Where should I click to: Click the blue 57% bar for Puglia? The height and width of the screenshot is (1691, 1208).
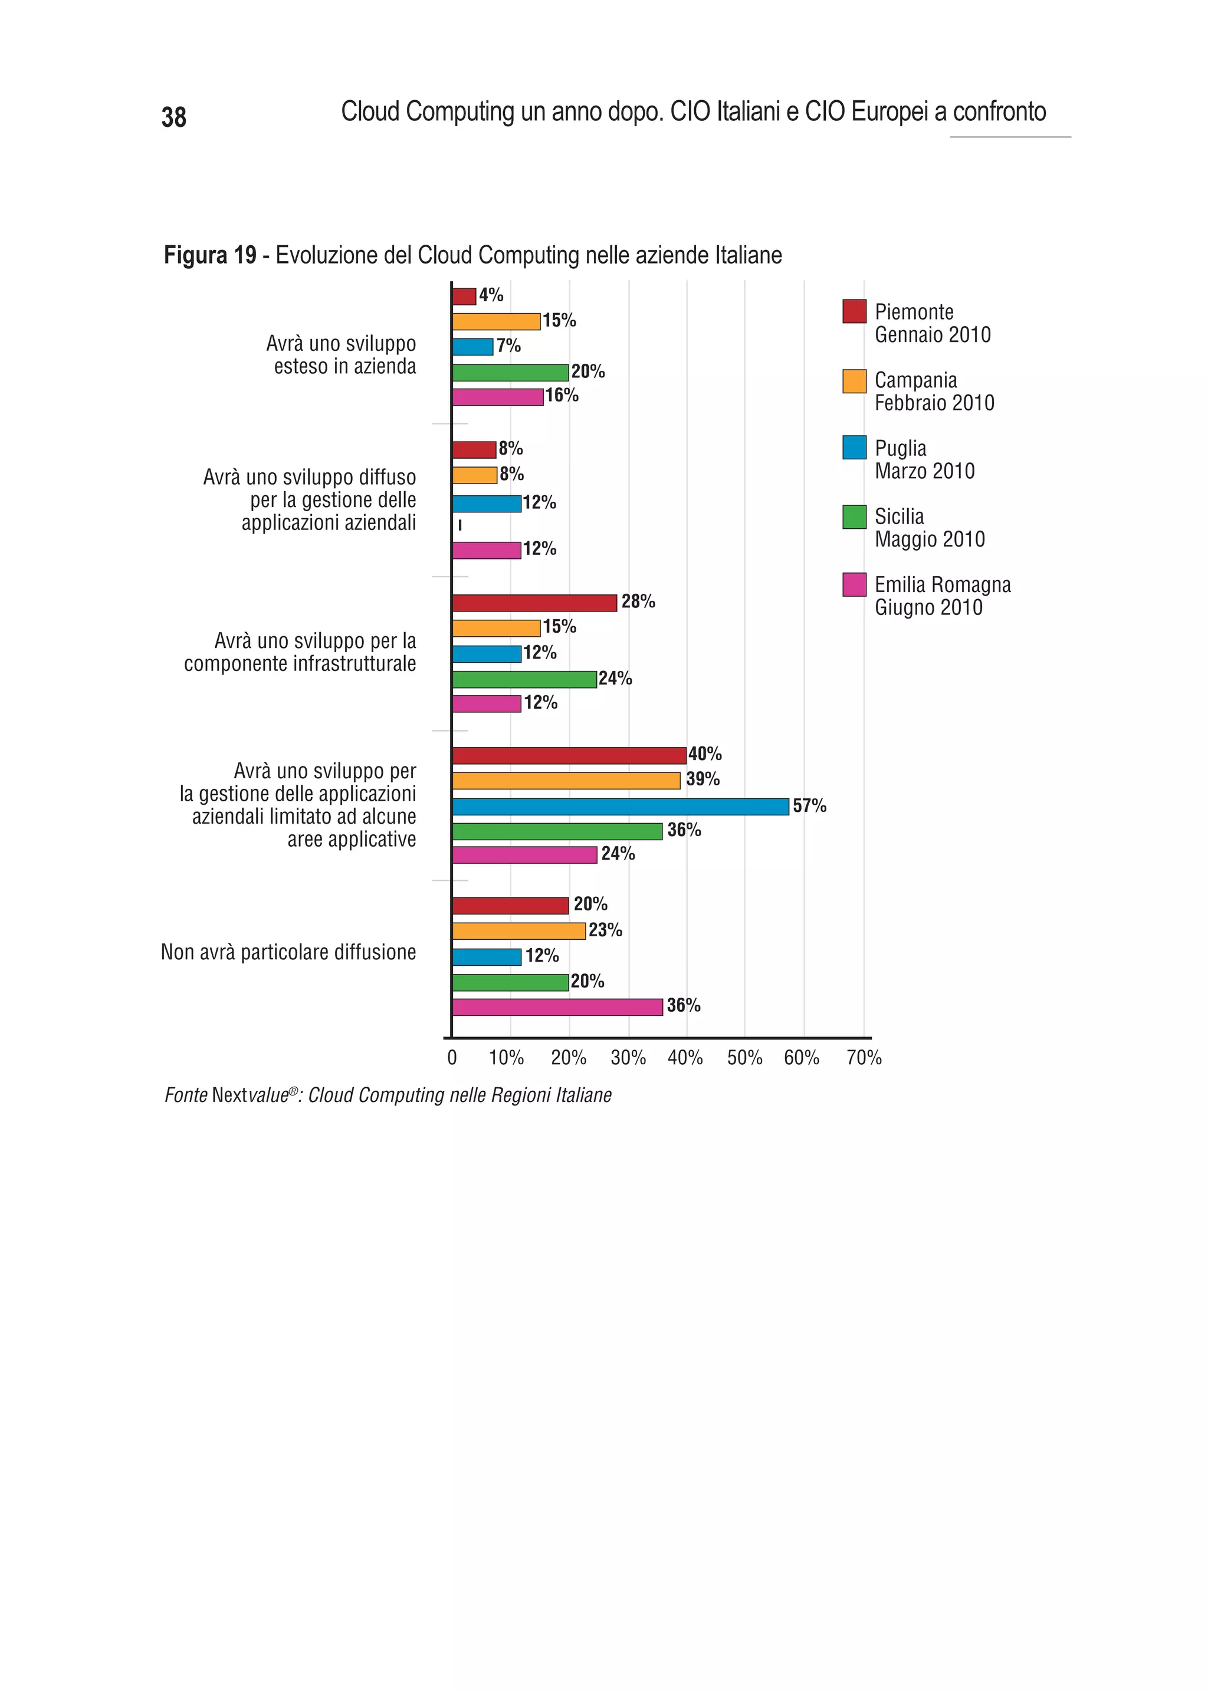click(x=621, y=806)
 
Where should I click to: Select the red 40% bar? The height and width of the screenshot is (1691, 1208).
click(x=569, y=755)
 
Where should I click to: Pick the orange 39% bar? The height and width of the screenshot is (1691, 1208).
click(x=566, y=781)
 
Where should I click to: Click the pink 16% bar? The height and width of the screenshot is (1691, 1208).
click(x=498, y=397)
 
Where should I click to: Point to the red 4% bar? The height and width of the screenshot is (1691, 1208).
click(x=464, y=296)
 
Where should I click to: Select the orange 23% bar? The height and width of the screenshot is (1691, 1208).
click(x=518, y=931)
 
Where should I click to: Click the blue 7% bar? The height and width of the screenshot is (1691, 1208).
click(x=472, y=347)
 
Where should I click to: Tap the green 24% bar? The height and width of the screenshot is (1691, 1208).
click(x=524, y=679)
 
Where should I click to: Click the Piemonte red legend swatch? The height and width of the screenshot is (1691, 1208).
click(x=854, y=311)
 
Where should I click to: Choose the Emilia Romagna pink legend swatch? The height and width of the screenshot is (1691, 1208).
click(x=854, y=584)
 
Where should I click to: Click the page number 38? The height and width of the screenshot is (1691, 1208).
click(x=174, y=117)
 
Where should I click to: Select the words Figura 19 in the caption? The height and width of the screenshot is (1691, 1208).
click(x=210, y=255)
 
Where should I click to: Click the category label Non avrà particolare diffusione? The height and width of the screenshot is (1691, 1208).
click(x=288, y=953)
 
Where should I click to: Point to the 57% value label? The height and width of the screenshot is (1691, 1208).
click(x=809, y=805)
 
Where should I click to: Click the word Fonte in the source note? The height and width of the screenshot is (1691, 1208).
click(x=186, y=1095)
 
